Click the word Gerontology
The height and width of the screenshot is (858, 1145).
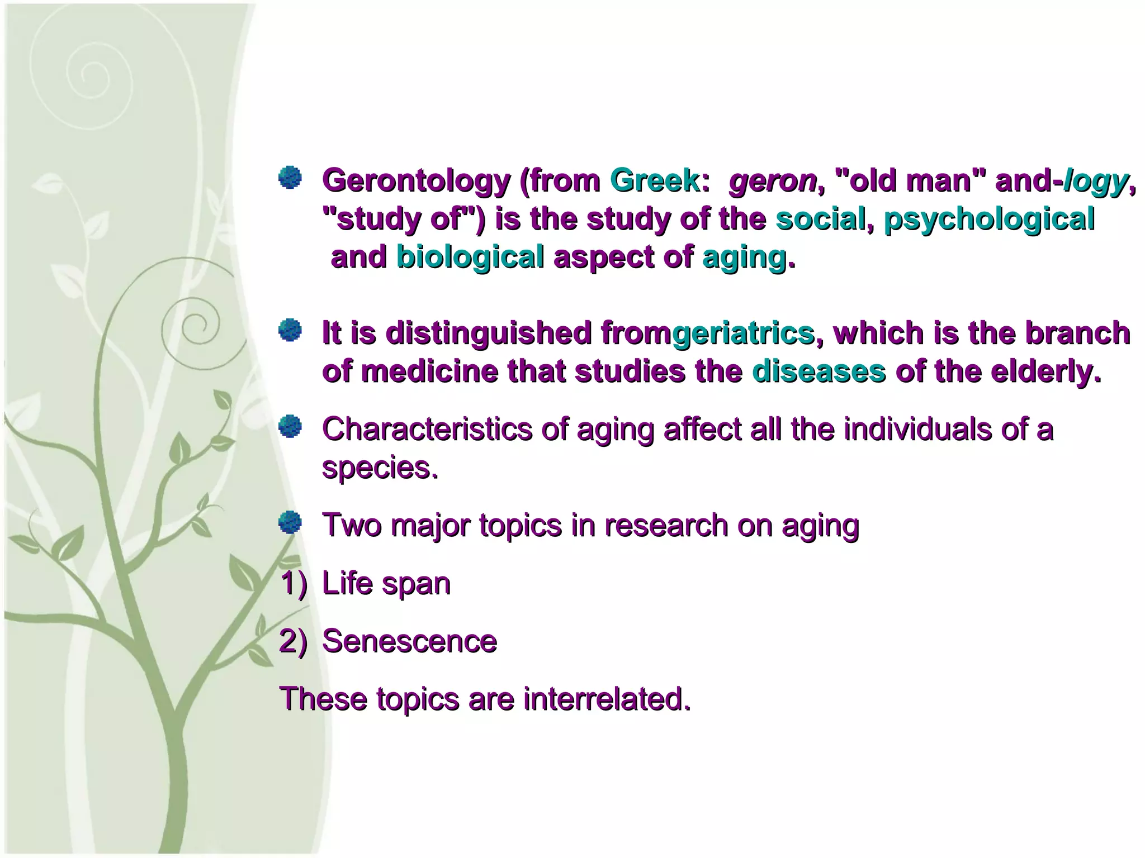[416, 181]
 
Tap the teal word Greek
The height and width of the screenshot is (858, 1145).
[655, 181]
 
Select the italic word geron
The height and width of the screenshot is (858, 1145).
[773, 181]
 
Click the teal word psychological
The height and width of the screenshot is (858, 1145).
[988, 219]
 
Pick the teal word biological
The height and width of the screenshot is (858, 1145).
[470, 258]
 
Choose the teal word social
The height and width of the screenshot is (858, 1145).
[820, 219]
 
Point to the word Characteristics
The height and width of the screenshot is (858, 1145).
[427, 430]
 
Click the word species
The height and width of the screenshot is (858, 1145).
[380, 468]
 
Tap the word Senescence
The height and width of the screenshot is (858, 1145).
[409, 641]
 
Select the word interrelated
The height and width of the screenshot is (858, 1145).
[607, 699]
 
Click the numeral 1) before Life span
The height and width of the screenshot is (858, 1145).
[294, 584]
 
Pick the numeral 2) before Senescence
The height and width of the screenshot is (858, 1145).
[294, 641]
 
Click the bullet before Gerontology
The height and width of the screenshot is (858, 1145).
[290, 178]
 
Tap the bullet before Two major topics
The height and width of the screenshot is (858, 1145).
[290, 523]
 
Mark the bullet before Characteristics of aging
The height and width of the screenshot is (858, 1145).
[290, 427]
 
